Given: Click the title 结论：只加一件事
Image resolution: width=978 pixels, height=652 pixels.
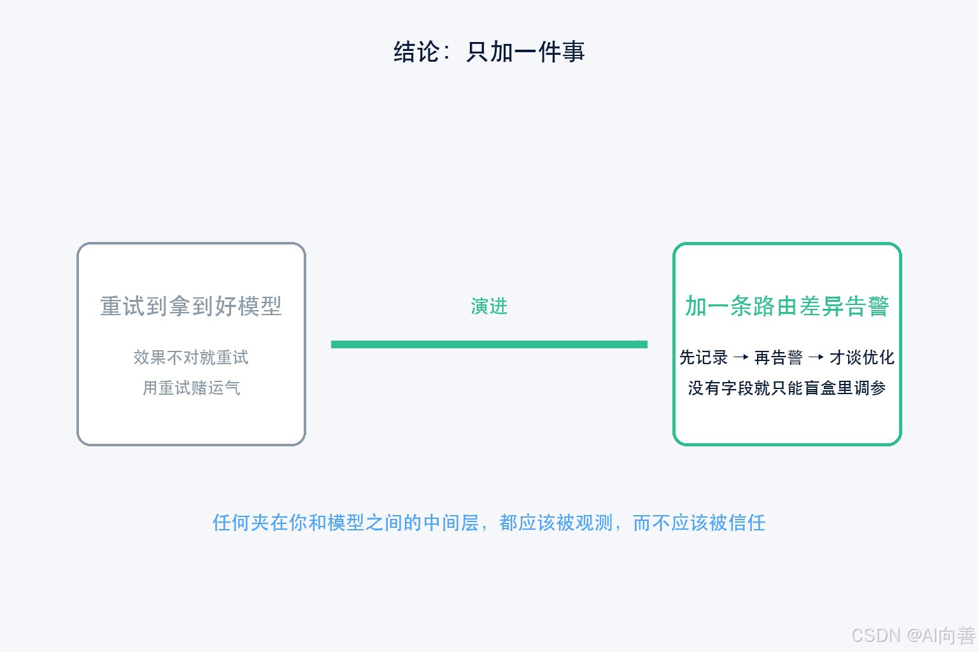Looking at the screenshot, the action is pyautogui.click(x=489, y=52).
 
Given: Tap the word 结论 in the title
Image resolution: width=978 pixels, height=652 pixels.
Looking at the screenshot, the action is pyautogui.click(x=416, y=52).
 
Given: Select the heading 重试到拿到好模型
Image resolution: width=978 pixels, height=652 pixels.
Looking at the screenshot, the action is pyautogui.click(x=191, y=306).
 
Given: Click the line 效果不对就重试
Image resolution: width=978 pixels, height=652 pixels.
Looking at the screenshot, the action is pyautogui.click(x=191, y=357).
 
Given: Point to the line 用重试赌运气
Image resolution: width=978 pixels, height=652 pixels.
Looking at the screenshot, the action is pyautogui.click(x=191, y=388).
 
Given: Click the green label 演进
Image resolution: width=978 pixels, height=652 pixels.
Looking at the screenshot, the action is pyautogui.click(x=489, y=306).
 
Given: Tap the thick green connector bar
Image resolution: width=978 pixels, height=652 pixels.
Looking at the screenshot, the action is pyautogui.click(x=489, y=344).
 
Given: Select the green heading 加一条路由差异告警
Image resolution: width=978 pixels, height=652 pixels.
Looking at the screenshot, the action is pyautogui.click(x=787, y=306).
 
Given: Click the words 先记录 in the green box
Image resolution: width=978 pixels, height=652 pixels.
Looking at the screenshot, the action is pyautogui.click(x=704, y=357).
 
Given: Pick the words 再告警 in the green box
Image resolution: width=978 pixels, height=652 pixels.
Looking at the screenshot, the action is pyautogui.click(x=779, y=357).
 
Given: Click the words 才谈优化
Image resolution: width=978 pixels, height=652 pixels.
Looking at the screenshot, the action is pyautogui.click(x=862, y=357).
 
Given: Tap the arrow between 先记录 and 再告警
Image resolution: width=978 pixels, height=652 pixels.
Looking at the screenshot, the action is pyautogui.click(x=741, y=358).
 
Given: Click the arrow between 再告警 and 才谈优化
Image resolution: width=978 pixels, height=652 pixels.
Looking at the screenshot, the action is pyautogui.click(x=816, y=358).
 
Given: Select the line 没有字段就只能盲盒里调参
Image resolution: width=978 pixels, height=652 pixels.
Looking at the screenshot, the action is pyautogui.click(x=787, y=388).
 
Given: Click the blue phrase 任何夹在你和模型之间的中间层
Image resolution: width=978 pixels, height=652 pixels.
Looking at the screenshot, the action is pyautogui.click(x=346, y=523).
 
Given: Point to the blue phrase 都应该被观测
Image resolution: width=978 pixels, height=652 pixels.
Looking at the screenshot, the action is pyautogui.click(x=556, y=523).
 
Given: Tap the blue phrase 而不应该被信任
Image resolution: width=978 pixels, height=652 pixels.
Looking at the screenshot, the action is pyautogui.click(x=699, y=523).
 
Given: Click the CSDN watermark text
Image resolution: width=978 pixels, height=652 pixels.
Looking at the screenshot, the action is pyautogui.click(x=914, y=635).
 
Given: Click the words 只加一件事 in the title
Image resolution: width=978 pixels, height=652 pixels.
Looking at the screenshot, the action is pyautogui.click(x=525, y=52).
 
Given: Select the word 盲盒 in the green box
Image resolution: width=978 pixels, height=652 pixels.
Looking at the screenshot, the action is pyautogui.click(x=819, y=388).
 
